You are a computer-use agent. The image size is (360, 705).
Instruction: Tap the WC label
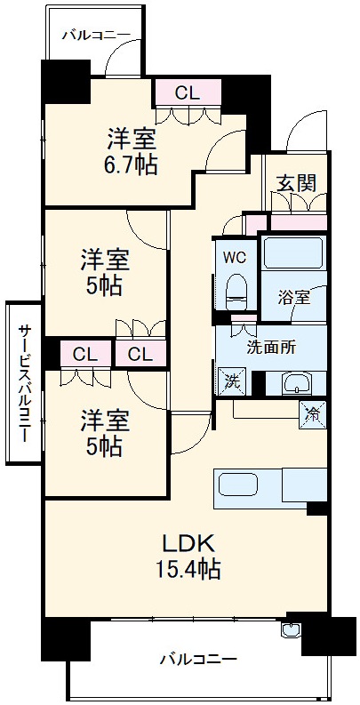pos(234,258)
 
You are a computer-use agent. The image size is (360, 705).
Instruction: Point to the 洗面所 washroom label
pos(270,348)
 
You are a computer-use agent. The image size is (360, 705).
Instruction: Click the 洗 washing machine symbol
pos(230,381)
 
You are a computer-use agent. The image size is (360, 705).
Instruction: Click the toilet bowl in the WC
pos(236,290)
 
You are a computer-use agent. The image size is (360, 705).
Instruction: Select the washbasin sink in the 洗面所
pos(294,384)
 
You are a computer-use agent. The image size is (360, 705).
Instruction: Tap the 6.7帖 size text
pos(133,165)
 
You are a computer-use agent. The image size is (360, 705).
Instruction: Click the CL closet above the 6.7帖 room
pos(187,92)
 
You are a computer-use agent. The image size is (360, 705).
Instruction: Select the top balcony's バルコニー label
pos(96,36)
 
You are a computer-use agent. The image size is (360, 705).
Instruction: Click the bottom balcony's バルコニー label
pos(198,660)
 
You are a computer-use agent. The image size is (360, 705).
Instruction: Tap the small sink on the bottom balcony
pos(290,632)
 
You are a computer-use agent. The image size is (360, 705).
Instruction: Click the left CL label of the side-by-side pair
pos(84,354)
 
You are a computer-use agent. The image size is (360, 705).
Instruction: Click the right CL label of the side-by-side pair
pos(140,354)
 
